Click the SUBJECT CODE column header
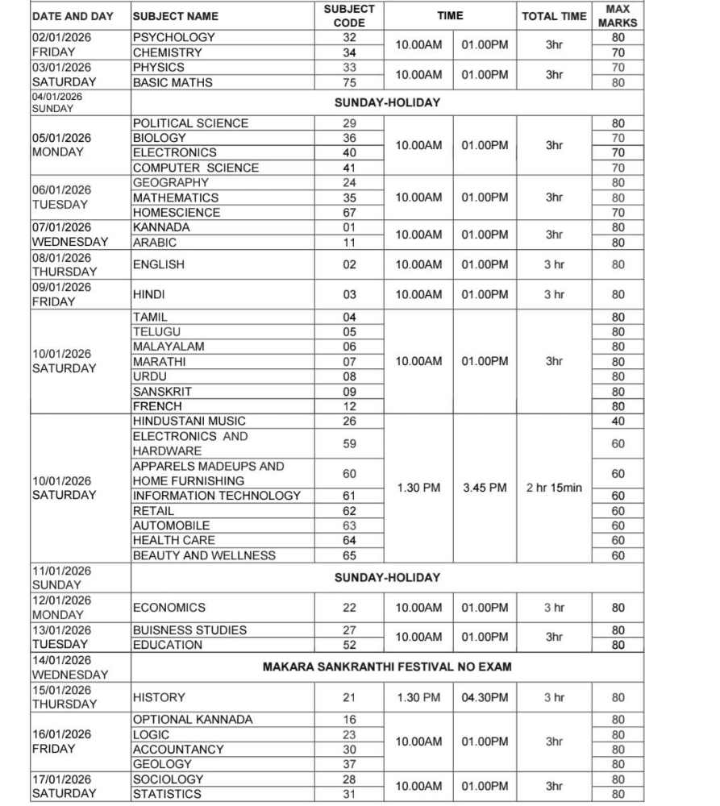tap(349, 15)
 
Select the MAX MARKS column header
tap(617, 15)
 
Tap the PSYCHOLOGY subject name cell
tap(174, 37)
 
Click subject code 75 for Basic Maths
tap(349, 82)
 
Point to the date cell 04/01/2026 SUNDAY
tap(80, 102)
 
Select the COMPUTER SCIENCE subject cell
tap(196, 168)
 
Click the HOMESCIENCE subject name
tap(177, 213)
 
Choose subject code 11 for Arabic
tap(349, 243)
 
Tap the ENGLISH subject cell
tap(159, 264)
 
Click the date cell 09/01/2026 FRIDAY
tap(80, 294)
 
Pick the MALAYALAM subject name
tap(169, 347)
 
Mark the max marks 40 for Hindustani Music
tap(618, 421)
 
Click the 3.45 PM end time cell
tap(485, 488)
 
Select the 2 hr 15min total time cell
tap(554, 488)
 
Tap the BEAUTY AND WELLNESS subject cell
tap(204, 555)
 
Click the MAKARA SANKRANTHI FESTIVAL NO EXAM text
tap(387, 667)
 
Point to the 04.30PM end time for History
tap(485, 697)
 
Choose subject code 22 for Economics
tap(349, 608)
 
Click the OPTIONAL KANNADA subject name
tap(193, 720)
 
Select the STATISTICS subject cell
tap(168, 794)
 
